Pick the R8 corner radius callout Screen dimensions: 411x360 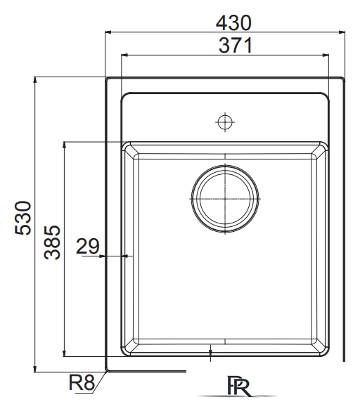click(x=82, y=383)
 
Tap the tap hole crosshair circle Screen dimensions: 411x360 click(x=224, y=122)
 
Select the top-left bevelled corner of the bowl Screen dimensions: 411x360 click(x=128, y=150)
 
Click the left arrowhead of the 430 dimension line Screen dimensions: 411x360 click(x=109, y=32)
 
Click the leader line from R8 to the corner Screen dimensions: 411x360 click(x=100, y=379)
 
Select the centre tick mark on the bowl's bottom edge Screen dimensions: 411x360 click(x=211, y=351)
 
